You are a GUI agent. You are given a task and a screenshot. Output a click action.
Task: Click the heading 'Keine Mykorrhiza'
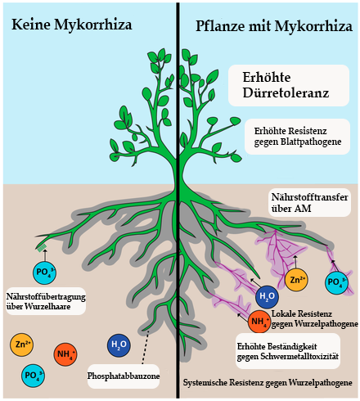(x=72, y=25)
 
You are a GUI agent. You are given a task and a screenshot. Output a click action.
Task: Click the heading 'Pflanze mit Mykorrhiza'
(x=274, y=26)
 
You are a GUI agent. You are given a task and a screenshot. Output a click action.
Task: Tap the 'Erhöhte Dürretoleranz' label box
(x=289, y=85)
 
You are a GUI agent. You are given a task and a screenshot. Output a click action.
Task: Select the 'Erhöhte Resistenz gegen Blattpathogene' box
(x=297, y=137)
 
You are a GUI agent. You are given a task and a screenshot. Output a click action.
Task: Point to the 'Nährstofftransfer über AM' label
(x=309, y=203)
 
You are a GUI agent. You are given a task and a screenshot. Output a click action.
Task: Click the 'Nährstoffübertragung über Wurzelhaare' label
(x=46, y=301)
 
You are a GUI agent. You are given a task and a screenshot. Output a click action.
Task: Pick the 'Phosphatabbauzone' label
(x=124, y=376)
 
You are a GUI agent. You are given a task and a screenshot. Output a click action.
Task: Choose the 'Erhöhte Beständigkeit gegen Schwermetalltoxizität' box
(x=288, y=351)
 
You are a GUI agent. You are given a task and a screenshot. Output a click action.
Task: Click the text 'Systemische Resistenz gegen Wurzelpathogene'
(x=268, y=383)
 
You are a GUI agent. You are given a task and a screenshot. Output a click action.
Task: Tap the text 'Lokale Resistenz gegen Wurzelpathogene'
(x=314, y=318)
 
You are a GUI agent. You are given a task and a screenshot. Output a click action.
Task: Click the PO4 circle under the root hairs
(x=44, y=273)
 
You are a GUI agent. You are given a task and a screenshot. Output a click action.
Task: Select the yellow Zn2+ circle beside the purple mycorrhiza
(x=296, y=280)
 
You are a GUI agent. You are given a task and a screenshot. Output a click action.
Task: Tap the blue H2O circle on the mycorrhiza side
(x=267, y=296)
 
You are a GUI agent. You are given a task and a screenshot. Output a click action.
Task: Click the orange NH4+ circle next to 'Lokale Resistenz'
(x=259, y=322)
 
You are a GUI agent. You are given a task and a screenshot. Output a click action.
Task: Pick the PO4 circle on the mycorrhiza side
(x=336, y=282)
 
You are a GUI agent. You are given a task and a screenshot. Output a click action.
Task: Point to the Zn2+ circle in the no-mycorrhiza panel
(x=21, y=345)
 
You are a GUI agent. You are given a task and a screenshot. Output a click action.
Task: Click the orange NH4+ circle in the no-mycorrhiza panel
(x=65, y=354)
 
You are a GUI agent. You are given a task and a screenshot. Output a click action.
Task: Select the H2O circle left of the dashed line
(x=119, y=345)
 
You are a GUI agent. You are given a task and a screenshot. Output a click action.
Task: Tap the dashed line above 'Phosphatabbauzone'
(x=146, y=347)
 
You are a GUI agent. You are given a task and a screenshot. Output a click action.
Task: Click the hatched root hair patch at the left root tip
(x=42, y=247)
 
